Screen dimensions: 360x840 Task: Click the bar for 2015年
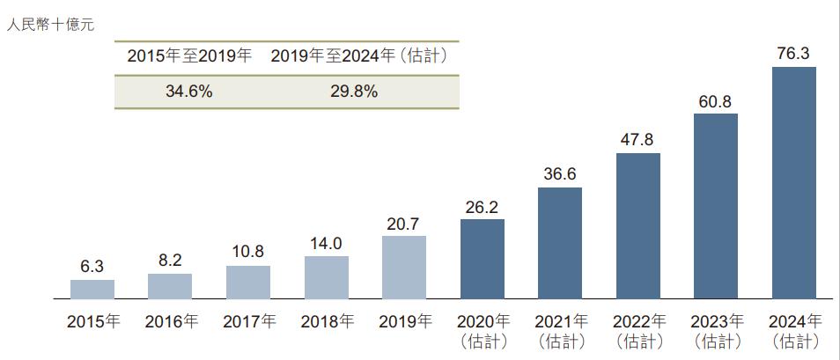92,290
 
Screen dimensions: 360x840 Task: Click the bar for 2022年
638,226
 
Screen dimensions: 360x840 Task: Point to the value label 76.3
793,54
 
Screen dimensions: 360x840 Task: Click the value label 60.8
716,101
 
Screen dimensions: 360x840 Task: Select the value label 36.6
560,174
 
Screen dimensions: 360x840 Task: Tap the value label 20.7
404,224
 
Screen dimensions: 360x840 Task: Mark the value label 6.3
92,267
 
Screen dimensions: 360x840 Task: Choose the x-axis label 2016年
171,321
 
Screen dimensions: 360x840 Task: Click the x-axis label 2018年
327,321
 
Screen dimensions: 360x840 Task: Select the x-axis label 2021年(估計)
560,330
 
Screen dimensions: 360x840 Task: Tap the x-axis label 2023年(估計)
716,330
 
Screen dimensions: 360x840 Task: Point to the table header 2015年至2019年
189,56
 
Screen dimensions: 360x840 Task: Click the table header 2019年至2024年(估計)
359,56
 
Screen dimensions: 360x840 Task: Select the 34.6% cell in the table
189,92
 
